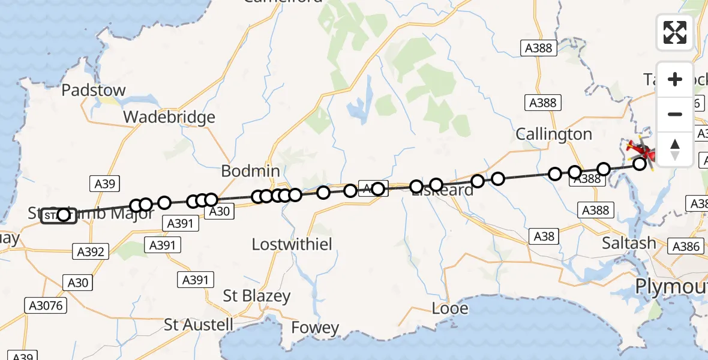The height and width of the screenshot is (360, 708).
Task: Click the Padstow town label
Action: click(94, 91)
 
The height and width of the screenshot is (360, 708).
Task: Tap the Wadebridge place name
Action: click(169, 117)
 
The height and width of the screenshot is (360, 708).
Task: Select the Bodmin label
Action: click(250, 170)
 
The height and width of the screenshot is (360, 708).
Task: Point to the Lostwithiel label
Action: click(292, 244)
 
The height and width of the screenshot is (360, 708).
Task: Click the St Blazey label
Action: click(256, 296)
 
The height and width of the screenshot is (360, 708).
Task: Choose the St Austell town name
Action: click(199, 325)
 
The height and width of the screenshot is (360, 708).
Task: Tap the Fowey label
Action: click(315, 328)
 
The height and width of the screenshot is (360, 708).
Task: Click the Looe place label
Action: click(450, 308)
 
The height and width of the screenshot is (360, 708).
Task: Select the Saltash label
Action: click(629, 243)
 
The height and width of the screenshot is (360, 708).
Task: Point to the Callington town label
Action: click(554, 134)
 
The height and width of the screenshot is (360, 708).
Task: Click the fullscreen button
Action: click(674, 32)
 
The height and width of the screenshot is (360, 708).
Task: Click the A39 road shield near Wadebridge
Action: click(105, 184)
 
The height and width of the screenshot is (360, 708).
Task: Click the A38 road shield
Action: click(544, 236)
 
